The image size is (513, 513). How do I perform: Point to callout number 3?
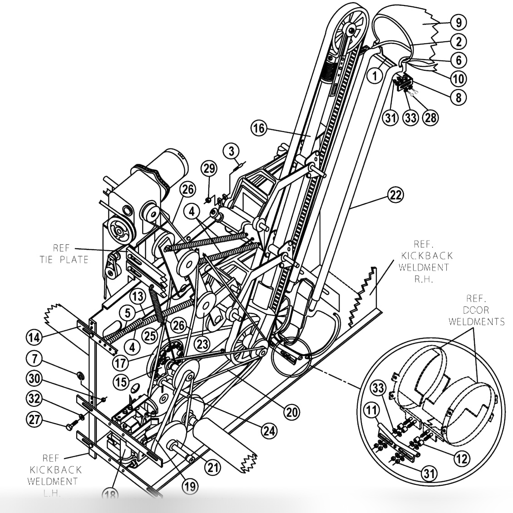[x=231, y=149]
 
